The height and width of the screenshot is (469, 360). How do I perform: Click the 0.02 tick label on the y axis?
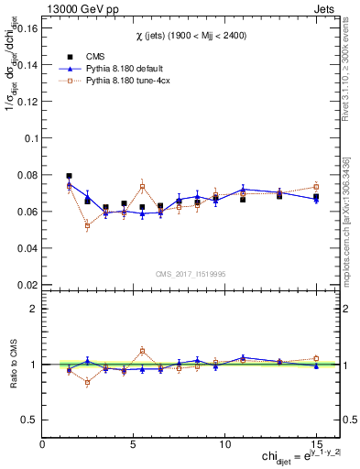click(27, 285)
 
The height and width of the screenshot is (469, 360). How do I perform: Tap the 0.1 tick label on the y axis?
click(31, 138)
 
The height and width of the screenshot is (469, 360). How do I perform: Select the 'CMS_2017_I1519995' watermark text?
click(190, 272)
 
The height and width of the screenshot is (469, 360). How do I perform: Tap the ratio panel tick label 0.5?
click(28, 420)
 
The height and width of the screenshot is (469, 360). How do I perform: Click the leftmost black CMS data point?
click(70, 176)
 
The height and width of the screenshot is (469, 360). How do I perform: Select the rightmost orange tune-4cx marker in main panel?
click(316, 187)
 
